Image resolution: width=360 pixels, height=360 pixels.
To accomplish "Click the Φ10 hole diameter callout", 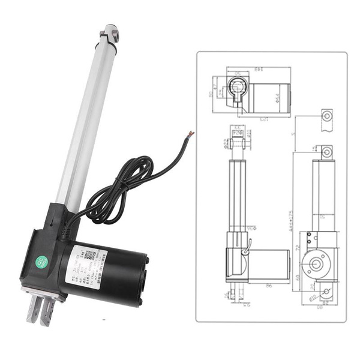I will point(311,296).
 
